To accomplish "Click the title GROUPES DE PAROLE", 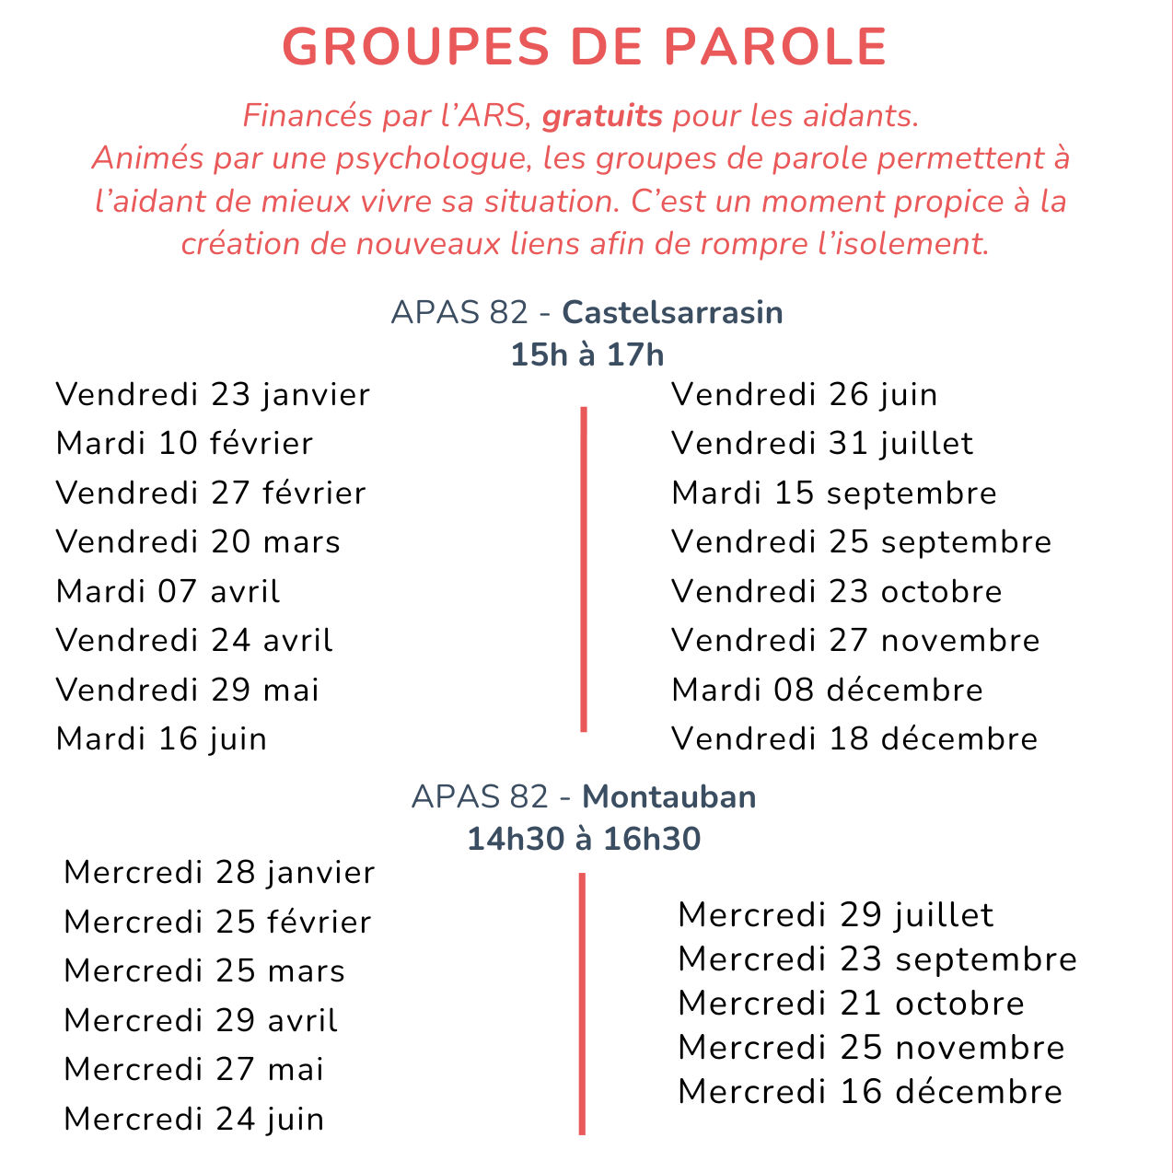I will pyautogui.click(x=585, y=46).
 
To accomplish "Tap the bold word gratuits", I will pyautogui.click(x=602, y=116).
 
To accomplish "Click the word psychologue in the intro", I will pyautogui.click(x=434, y=158).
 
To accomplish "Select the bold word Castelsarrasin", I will pyautogui.click(x=672, y=312).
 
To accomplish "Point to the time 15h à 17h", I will pyautogui.click(x=586, y=354).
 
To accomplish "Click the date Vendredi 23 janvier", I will pyautogui.click(x=213, y=394).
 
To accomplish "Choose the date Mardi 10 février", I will pyautogui.click(x=184, y=443).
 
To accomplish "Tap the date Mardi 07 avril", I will pyautogui.click(x=168, y=590).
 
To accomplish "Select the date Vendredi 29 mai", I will pyautogui.click(x=187, y=689).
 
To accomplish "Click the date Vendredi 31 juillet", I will pyautogui.click(x=822, y=443).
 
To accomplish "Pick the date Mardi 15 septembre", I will pyautogui.click(x=834, y=493).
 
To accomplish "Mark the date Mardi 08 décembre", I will pyautogui.click(x=827, y=689).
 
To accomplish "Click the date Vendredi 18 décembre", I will pyautogui.click(x=854, y=738).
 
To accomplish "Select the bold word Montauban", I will pyautogui.click(x=669, y=796).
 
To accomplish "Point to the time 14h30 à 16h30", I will pyautogui.click(x=584, y=839).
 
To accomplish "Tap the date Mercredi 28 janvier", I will pyautogui.click(x=219, y=872).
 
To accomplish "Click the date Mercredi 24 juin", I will pyautogui.click(x=194, y=1119).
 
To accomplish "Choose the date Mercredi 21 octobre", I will pyautogui.click(x=851, y=1003).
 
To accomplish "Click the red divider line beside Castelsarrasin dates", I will pyautogui.click(x=584, y=569).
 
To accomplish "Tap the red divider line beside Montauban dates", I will pyautogui.click(x=582, y=1004).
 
